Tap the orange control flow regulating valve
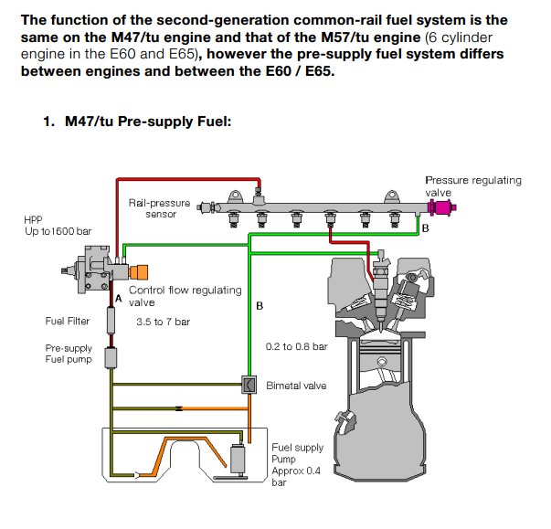tap(140, 272)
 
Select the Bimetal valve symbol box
tap(248, 385)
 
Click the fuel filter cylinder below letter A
tap(111, 321)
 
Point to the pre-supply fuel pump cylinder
tap(111, 355)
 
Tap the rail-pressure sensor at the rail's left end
tap(208, 207)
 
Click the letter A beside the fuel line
tap(118, 299)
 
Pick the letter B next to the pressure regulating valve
tap(424, 227)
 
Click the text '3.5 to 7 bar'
tap(163, 322)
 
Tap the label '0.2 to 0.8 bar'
tap(296, 346)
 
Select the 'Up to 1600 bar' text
tap(58, 232)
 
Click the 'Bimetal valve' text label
tap(296, 386)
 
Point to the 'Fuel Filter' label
tap(68, 321)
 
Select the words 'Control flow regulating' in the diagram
tap(185, 291)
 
